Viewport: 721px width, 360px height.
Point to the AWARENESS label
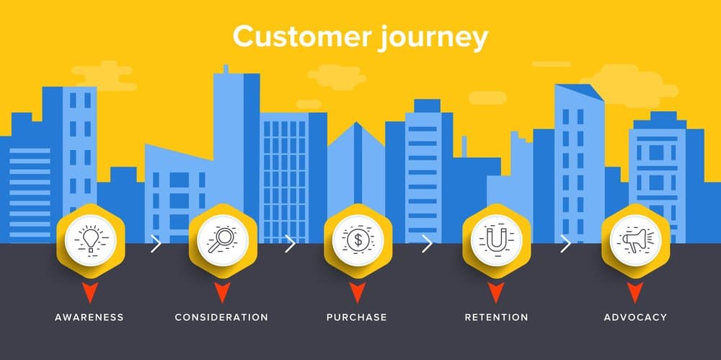point(89,317)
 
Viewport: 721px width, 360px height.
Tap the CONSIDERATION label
point(221,317)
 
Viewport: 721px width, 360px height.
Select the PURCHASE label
point(357,317)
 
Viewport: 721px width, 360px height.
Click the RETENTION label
point(496,317)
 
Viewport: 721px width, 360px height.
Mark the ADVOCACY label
point(635,317)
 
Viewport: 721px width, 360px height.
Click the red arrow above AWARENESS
point(90,291)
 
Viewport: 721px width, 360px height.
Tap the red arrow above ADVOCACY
point(634,291)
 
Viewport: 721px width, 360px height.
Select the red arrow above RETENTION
point(495,291)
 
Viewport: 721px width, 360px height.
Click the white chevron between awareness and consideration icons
point(156,243)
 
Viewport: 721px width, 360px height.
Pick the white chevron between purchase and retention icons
point(427,243)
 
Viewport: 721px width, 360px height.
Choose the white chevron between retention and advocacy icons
point(565,243)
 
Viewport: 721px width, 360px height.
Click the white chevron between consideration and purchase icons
point(290,243)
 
